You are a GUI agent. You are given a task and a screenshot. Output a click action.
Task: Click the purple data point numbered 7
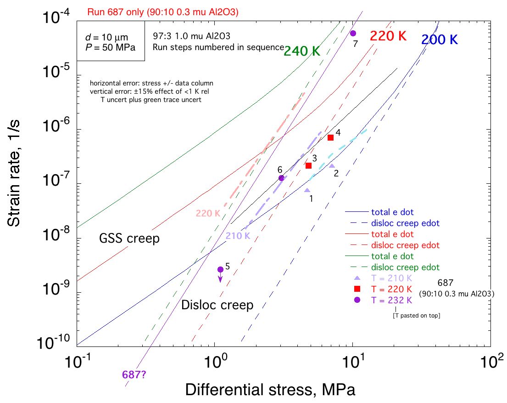pos(353,33)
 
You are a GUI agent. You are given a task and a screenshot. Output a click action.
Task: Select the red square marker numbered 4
pos(330,137)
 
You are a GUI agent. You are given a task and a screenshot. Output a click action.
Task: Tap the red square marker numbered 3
pos(309,165)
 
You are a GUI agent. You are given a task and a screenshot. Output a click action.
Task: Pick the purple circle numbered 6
pos(281,178)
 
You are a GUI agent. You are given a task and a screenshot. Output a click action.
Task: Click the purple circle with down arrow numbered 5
pos(220,269)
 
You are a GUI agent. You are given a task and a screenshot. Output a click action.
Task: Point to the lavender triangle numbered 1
pos(307,190)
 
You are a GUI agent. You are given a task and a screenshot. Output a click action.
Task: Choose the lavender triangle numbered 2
pos(332,165)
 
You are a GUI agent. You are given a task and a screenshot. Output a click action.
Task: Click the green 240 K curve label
pos(301,51)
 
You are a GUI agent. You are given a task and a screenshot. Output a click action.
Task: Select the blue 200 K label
pos(440,40)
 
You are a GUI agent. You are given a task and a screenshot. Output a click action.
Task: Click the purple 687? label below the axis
pos(134,374)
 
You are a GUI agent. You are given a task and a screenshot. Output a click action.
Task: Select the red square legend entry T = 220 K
pos(385,289)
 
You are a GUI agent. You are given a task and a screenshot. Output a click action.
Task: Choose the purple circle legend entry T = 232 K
pos(385,300)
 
